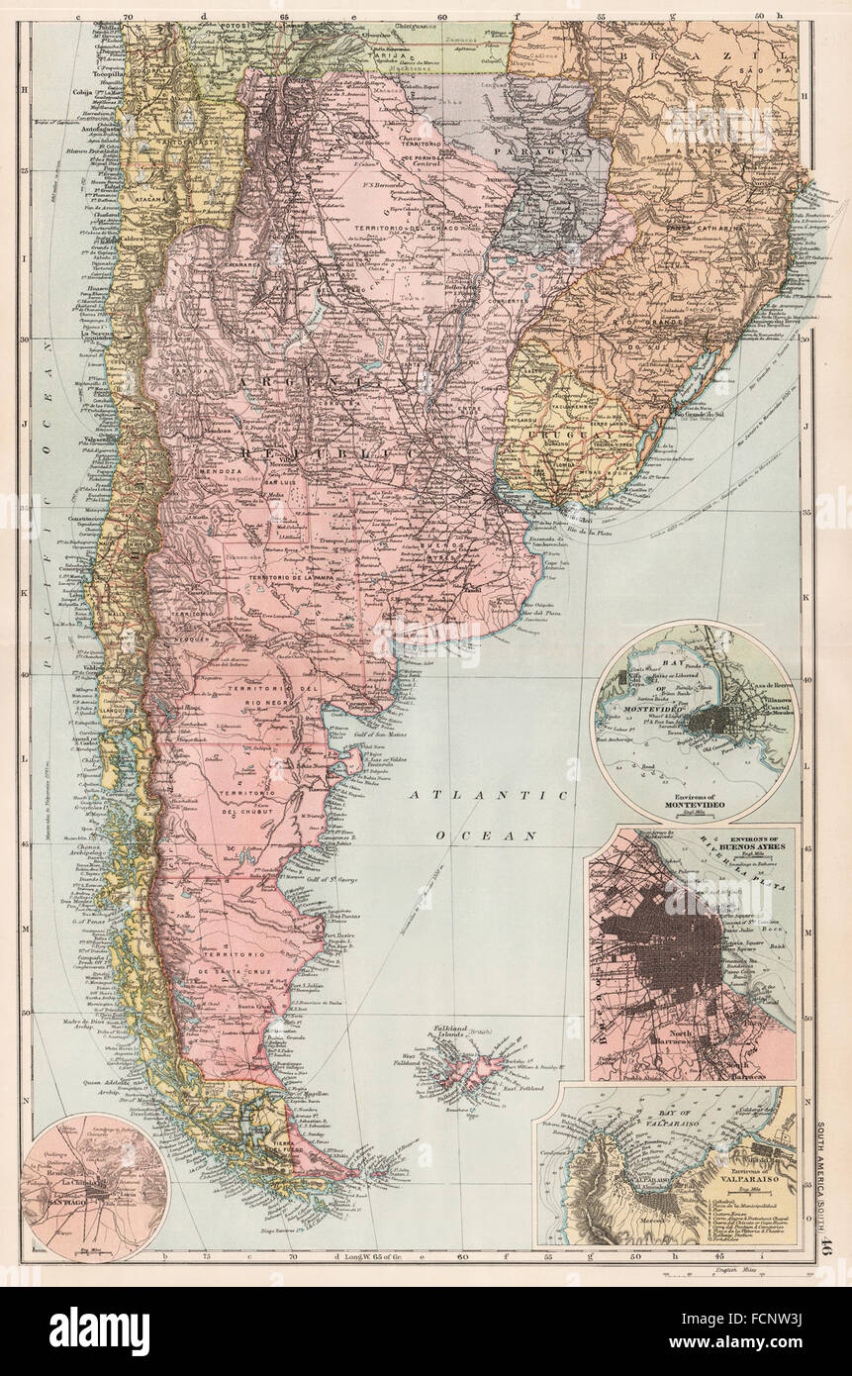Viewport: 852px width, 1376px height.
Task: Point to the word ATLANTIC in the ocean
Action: pyautogui.click(x=489, y=795)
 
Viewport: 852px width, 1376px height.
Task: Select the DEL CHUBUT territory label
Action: pyautogui.click(x=244, y=812)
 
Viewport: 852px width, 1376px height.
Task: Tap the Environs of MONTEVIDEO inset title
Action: pyautogui.click(x=692, y=805)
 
